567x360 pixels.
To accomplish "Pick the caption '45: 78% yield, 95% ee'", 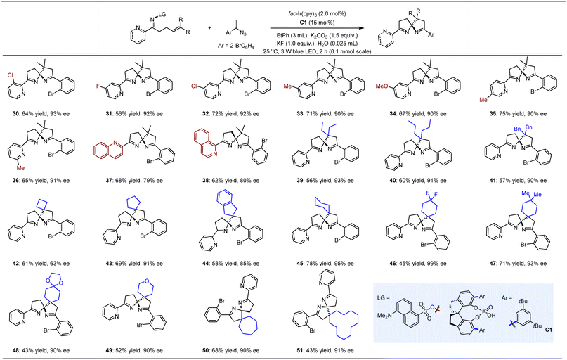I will point(330,266).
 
